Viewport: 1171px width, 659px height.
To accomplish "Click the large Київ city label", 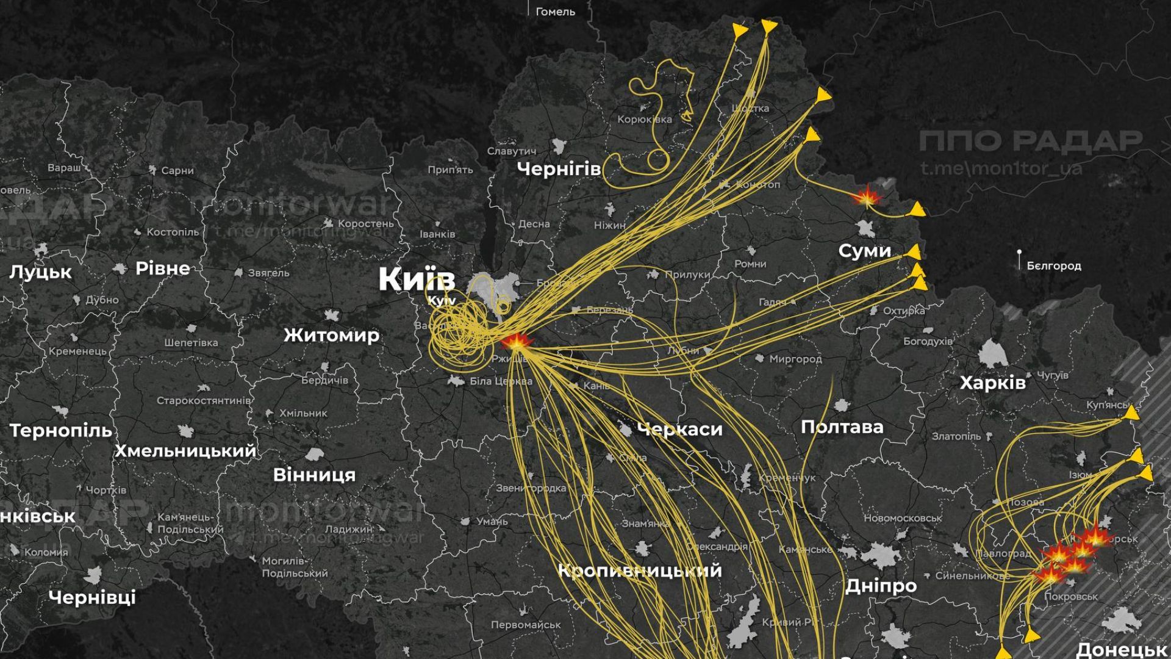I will point(417,279).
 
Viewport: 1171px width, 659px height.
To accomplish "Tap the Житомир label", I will point(331,335).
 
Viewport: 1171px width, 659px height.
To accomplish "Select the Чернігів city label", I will point(559,168).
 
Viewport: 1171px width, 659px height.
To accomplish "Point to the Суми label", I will point(864,250).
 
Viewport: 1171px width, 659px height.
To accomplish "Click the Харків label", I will point(992,383).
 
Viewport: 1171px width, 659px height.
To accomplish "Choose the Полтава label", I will point(842,427).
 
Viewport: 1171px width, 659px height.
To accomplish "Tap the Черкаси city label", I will point(679,429).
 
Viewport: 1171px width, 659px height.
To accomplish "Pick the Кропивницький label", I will point(640,571).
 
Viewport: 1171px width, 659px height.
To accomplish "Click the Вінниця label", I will point(314,474).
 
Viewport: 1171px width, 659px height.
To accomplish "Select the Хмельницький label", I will point(185,451).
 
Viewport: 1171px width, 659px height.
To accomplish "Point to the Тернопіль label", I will point(61,431).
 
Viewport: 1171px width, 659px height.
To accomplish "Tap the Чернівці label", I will point(92,597).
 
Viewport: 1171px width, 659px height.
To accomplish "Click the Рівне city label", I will point(162,268).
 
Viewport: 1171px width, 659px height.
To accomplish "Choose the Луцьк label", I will point(40,272).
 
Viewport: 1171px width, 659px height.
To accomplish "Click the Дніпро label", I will point(881,586).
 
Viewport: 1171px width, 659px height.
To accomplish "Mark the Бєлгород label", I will point(1053,266).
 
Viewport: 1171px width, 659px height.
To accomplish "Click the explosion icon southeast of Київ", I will point(516,342).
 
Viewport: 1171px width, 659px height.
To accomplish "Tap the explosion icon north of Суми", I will point(866,197).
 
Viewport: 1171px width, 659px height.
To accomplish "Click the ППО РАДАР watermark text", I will point(1030,141).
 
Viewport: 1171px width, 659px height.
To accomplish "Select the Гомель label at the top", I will point(555,12).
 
